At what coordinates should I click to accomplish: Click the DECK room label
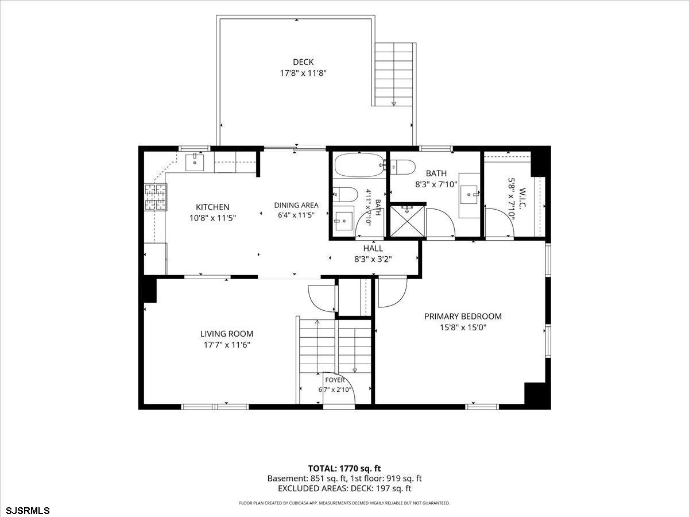click(x=303, y=62)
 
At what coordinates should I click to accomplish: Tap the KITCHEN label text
click(x=212, y=207)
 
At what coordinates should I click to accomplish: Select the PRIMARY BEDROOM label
click(x=463, y=317)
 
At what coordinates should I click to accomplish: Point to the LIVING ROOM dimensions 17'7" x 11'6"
click(x=227, y=345)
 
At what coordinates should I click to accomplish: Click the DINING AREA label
click(x=296, y=205)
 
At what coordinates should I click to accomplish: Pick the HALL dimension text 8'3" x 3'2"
click(x=373, y=259)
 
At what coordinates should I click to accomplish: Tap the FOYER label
click(x=335, y=380)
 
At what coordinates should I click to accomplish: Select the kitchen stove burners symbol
click(x=156, y=197)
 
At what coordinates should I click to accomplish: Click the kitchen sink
click(x=195, y=163)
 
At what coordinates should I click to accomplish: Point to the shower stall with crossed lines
click(x=407, y=221)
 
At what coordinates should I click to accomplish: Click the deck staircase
click(x=394, y=75)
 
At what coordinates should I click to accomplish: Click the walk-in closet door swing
click(x=500, y=222)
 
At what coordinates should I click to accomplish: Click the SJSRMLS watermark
click(x=25, y=511)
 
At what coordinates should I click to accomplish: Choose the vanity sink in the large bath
click(x=469, y=195)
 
